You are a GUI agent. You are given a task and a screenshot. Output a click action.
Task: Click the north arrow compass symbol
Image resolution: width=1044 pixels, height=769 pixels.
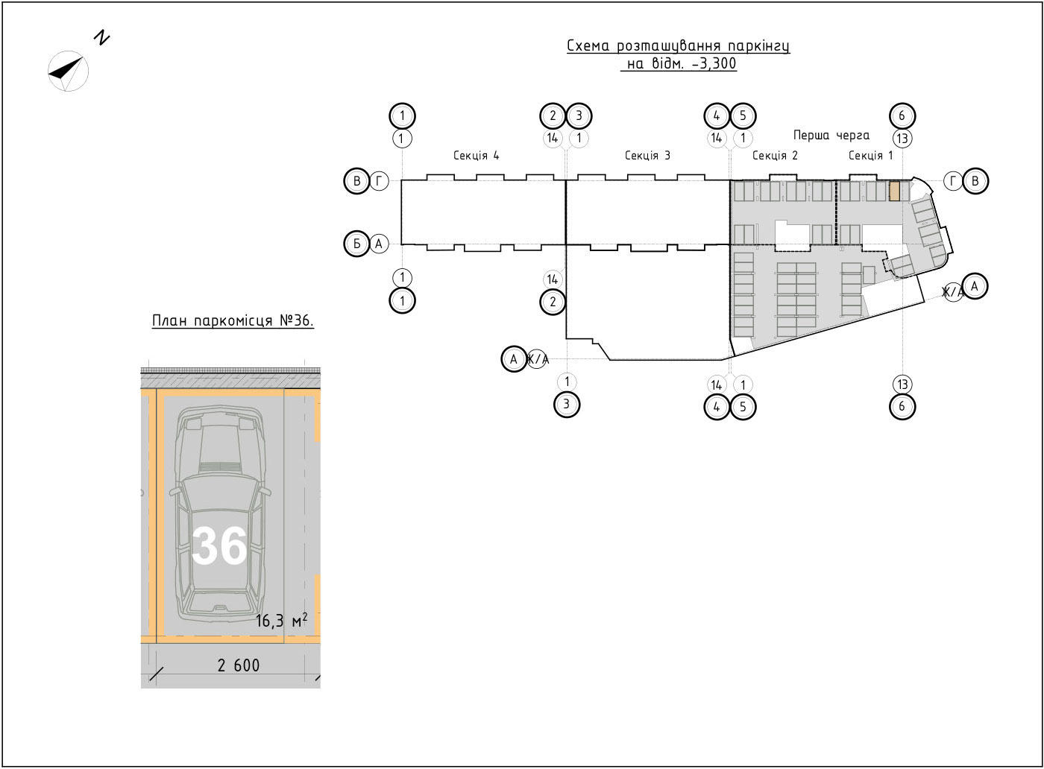[x=68, y=71]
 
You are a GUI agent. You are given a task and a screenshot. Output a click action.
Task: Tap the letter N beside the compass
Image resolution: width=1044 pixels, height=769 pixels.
[x=101, y=38]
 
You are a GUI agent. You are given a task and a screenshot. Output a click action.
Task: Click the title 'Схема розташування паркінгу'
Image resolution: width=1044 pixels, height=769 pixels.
[x=678, y=46]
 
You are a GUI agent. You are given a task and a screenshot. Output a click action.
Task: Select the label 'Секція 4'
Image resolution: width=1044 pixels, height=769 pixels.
[x=477, y=156]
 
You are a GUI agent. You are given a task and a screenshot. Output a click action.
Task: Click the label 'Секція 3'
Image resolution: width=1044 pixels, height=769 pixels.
[x=647, y=156]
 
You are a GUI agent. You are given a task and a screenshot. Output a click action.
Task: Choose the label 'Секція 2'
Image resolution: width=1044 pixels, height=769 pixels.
[x=775, y=156]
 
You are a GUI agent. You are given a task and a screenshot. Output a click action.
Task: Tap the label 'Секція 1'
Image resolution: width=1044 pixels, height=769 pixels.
[x=871, y=156]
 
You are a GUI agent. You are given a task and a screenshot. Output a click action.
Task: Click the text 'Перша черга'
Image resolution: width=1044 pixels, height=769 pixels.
[x=831, y=136]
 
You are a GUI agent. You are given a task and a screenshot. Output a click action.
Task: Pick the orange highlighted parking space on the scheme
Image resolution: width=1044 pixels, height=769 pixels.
[x=894, y=192]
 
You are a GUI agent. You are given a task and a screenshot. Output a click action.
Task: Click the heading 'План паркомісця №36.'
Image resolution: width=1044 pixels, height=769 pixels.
[x=233, y=321]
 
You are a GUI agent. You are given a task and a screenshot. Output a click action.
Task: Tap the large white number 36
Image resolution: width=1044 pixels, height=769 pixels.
[x=219, y=545]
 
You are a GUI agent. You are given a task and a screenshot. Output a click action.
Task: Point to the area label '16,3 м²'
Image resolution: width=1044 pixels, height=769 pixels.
[x=282, y=621]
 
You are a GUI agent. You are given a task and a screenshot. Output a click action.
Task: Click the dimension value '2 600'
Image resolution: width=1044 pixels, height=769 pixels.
[x=239, y=665]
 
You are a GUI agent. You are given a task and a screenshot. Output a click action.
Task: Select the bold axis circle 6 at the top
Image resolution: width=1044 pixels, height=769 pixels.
[x=902, y=116]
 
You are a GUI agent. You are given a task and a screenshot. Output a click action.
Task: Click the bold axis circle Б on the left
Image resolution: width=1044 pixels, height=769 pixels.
[x=357, y=244]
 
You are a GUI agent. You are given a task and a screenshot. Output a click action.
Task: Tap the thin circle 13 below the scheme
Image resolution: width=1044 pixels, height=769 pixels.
[x=903, y=384]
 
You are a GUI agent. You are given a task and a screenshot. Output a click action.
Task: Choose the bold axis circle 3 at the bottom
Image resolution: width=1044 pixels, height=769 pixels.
[x=567, y=405]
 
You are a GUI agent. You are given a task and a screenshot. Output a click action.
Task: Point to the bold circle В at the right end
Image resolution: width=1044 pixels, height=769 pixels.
[x=975, y=181]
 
